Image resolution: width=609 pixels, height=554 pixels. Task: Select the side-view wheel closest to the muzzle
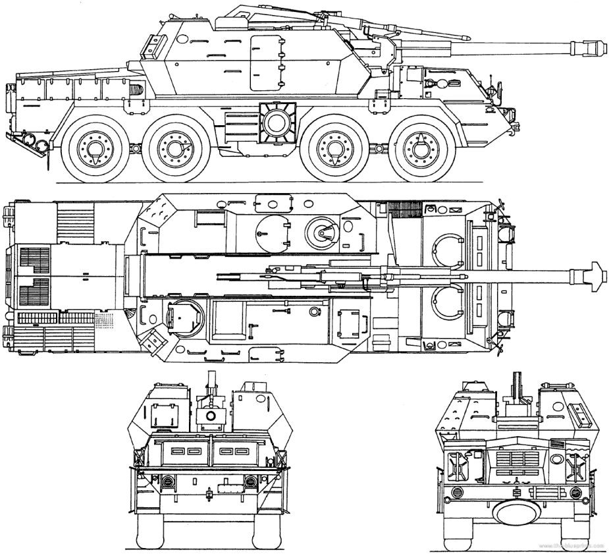tap(419, 148)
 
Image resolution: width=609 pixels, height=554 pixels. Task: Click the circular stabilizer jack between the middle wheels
tap(275, 121)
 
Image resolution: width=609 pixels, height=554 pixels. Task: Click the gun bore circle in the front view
tap(211, 416)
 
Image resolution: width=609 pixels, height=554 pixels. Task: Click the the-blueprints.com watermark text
tap(573, 548)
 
